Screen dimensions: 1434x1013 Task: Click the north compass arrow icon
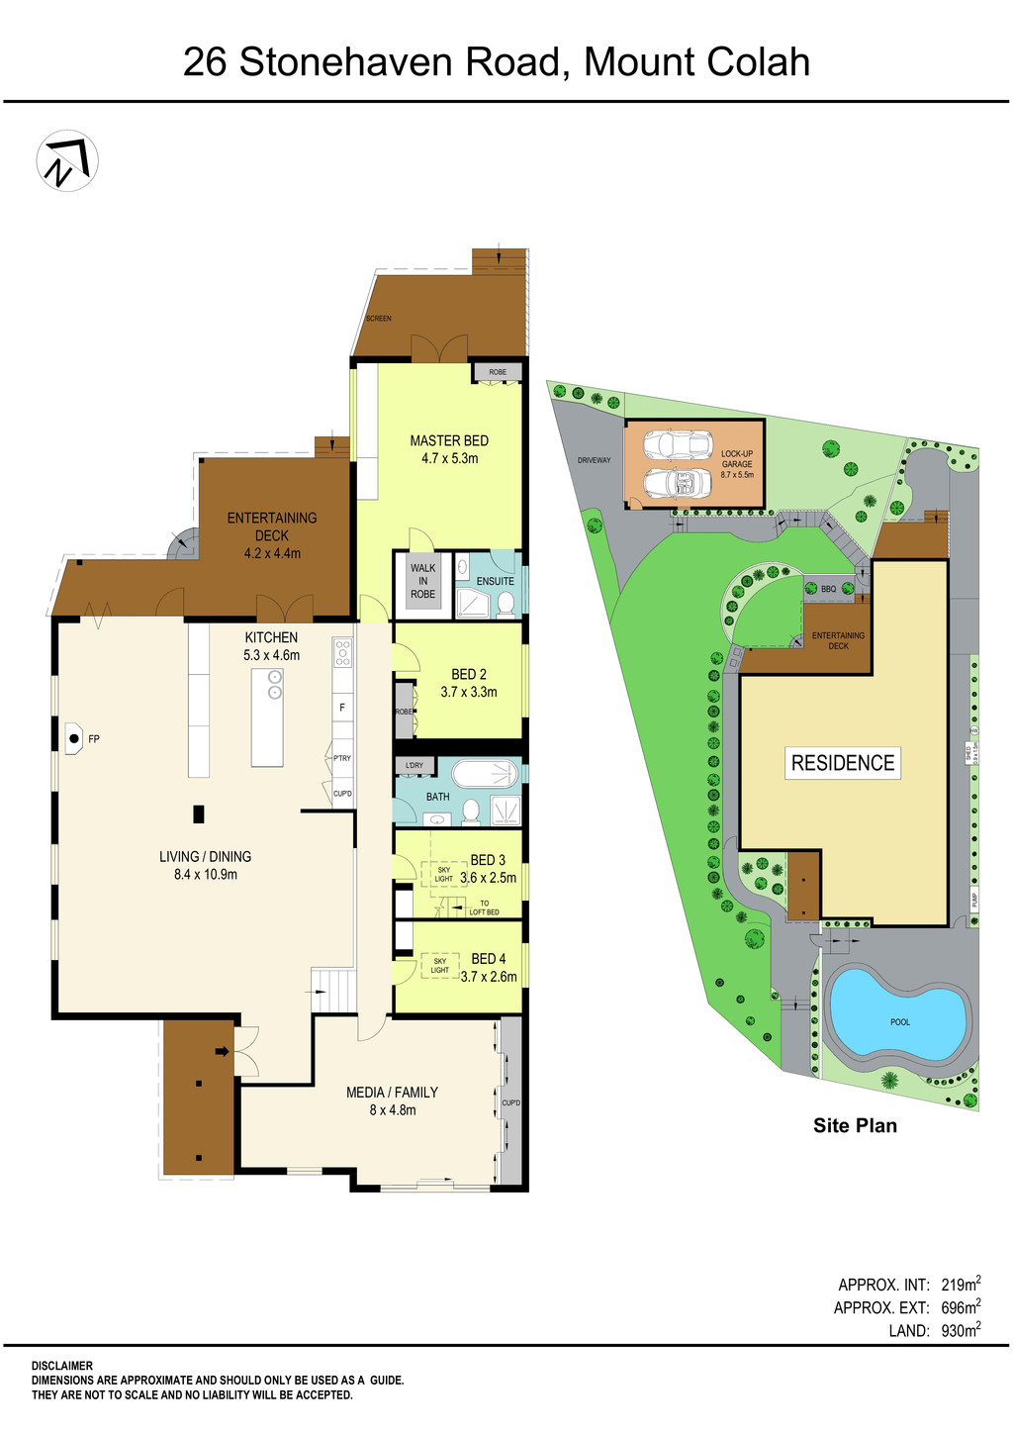pyautogui.click(x=67, y=161)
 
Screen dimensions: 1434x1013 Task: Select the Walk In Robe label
pyautogui.click(x=423, y=582)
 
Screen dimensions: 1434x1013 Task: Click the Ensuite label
pyautogui.click(x=495, y=581)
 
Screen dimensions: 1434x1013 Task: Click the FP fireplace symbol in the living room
pyautogui.click(x=75, y=738)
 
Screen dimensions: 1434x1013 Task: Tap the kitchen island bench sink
pyautogui.click(x=275, y=684)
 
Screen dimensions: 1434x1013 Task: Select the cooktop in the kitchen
pyautogui.click(x=342, y=652)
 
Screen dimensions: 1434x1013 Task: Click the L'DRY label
pyautogui.click(x=414, y=765)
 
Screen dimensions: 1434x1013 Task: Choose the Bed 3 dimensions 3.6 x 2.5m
pyautogui.click(x=488, y=878)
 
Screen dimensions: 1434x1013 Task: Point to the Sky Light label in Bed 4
pyautogui.click(x=440, y=965)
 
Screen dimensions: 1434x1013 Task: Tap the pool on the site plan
pyautogui.click(x=898, y=1019)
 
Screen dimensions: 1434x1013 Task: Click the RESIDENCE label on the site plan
pyautogui.click(x=843, y=763)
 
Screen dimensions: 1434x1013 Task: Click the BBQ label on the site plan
pyautogui.click(x=828, y=589)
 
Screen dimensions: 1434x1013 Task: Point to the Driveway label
pyautogui.click(x=595, y=460)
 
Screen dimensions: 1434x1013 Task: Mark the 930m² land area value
pyautogui.click(x=961, y=1331)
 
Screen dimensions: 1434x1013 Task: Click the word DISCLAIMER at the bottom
pyautogui.click(x=62, y=1366)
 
